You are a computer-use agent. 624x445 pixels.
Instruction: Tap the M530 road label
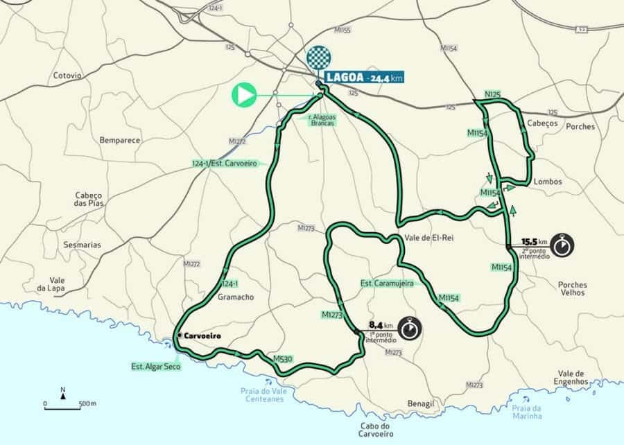click(281, 359)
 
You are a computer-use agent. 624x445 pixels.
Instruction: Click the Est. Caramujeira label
click(387, 283)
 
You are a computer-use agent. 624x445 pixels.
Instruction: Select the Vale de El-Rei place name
click(425, 236)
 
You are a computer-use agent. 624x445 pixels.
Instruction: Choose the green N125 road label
click(493, 94)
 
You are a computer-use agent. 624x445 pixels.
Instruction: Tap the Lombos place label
click(547, 182)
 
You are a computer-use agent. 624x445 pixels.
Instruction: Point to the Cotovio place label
click(67, 76)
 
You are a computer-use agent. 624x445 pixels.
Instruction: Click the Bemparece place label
click(119, 140)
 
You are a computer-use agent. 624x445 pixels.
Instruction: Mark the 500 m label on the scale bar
click(87, 403)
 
